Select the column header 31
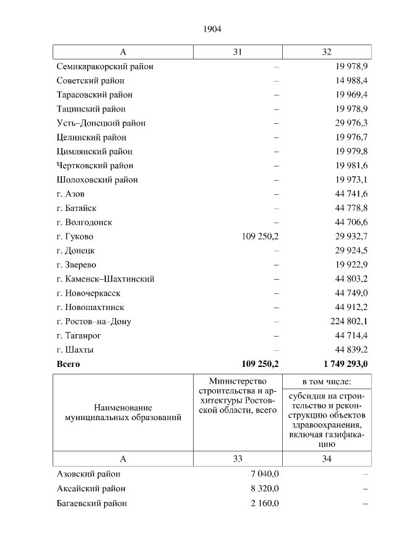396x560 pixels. [x=238, y=52]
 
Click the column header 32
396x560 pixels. [x=327, y=52]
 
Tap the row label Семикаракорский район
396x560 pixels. [x=105, y=66]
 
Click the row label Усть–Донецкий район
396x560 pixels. [x=101, y=123]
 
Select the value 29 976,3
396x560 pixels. [x=351, y=123]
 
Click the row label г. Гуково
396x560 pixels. [x=75, y=236]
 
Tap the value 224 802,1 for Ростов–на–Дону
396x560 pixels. [x=349, y=322]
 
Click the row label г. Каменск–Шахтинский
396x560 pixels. [x=105, y=279]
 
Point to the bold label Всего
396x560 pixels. [x=68, y=364]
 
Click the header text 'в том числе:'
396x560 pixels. [x=327, y=382]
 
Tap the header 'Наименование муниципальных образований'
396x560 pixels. [x=123, y=413]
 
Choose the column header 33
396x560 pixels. [x=238, y=459]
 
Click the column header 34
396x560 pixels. [x=327, y=459]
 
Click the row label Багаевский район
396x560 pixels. [x=92, y=503]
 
